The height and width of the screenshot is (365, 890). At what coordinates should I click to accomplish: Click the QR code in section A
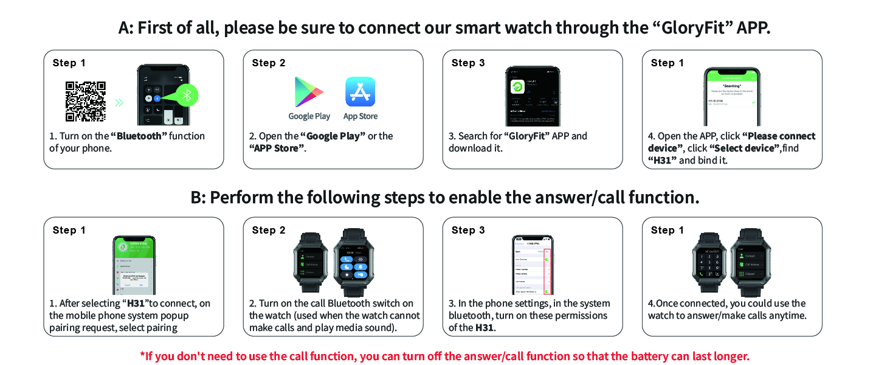pyautogui.click(x=86, y=102)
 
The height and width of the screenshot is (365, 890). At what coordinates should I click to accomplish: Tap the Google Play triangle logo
pyautogui.click(x=309, y=92)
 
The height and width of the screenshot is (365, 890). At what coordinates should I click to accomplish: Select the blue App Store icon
pyautogui.click(x=360, y=92)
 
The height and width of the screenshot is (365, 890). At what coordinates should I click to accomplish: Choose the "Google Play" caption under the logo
pyautogui.click(x=309, y=116)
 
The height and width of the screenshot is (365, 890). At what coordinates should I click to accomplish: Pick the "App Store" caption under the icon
pyautogui.click(x=360, y=116)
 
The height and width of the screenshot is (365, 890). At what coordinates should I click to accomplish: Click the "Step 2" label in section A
pyautogui.click(x=269, y=63)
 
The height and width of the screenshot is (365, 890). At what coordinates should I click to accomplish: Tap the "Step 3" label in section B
pyautogui.click(x=468, y=230)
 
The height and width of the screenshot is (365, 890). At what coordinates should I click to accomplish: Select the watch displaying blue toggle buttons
pyautogui.click(x=354, y=263)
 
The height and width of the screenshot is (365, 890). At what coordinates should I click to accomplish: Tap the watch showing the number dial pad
pyautogui.click(x=709, y=263)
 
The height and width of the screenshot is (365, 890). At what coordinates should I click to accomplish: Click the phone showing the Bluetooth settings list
pyautogui.click(x=533, y=265)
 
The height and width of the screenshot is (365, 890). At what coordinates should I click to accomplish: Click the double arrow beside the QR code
pyautogui.click(x=119, y=102)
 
